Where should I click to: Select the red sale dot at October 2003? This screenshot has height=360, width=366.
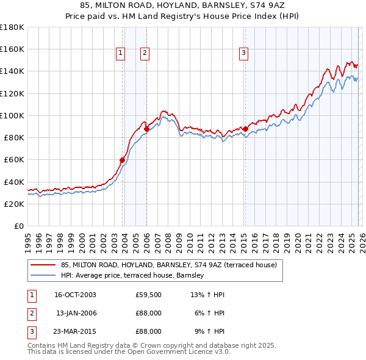click(122, 160)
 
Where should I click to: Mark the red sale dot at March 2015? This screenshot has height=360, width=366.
click(245, 129)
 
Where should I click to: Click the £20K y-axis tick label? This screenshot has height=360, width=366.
click(14, 204)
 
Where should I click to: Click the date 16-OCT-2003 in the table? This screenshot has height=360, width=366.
click(75, 295)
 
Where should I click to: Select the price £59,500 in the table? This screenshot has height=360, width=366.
click(148, 295)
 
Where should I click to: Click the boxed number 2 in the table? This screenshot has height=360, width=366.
click(30, 313)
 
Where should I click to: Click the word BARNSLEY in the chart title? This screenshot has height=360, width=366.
click(210, 5)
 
